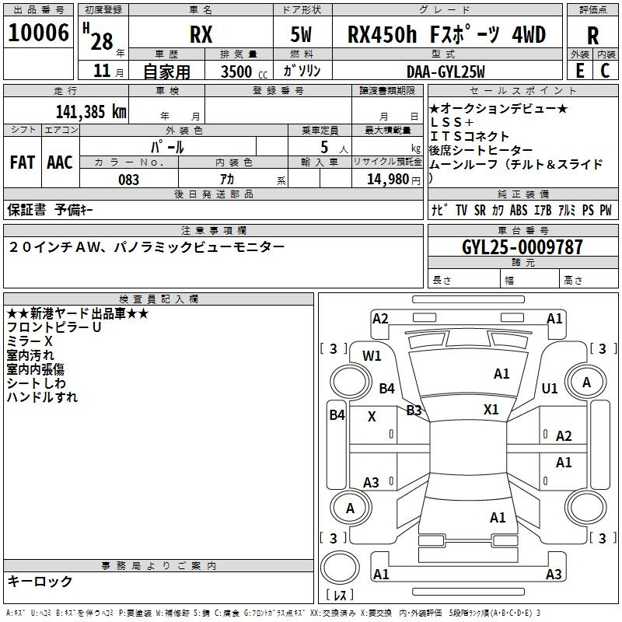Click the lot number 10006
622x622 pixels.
coord(38,33)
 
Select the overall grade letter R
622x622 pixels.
coord(592,36)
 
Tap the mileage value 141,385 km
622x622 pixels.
coord(91,112)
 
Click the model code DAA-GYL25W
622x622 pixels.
coord(446,72)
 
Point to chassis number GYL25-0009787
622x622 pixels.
coord(522,247)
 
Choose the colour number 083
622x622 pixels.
coord(128,180)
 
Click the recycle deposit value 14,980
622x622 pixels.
coord(388,180)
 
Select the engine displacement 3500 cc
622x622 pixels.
coord(244,72)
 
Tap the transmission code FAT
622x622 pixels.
coord(23,162)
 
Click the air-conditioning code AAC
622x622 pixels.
coord(60,162)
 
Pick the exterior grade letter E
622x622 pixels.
coord(580,71)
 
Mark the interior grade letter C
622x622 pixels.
coord(605,71)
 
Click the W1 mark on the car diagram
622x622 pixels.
coord(372,356)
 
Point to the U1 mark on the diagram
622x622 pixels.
coord(550,388)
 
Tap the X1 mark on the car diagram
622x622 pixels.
coord(491,409)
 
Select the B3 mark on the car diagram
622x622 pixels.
coord(414,411)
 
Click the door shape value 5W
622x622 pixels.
coord(301,34)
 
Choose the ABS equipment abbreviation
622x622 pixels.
coord(519,210)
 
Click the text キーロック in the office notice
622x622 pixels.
coord(40,581)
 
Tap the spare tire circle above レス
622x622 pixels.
coord(340,568)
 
